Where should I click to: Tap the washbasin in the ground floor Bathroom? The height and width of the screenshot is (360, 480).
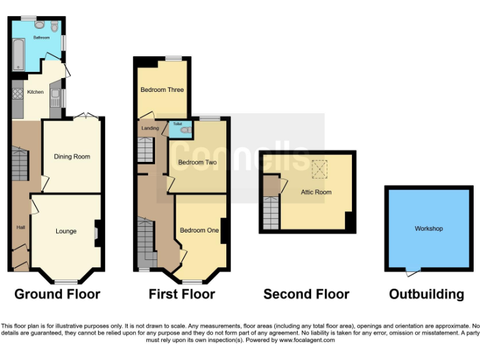coord(40,26)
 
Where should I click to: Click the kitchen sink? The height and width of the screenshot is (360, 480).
coord(55,98)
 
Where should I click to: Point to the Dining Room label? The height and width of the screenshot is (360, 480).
coord(72,157)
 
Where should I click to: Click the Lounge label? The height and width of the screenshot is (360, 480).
coord(66,231)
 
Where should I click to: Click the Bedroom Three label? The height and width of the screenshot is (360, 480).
coord(162,90)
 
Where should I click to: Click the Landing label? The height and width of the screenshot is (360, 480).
coord(150,128)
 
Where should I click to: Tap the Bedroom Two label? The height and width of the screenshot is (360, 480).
coord(197,162)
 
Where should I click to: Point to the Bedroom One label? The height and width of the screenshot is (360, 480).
coord(199,231)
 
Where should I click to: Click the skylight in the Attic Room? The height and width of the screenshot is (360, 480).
coord(319,167)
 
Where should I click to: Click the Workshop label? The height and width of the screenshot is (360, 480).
coord(428,229)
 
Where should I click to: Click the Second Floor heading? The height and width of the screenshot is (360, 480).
coord(306,294)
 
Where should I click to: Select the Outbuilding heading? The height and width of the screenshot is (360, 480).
coord(426,294)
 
